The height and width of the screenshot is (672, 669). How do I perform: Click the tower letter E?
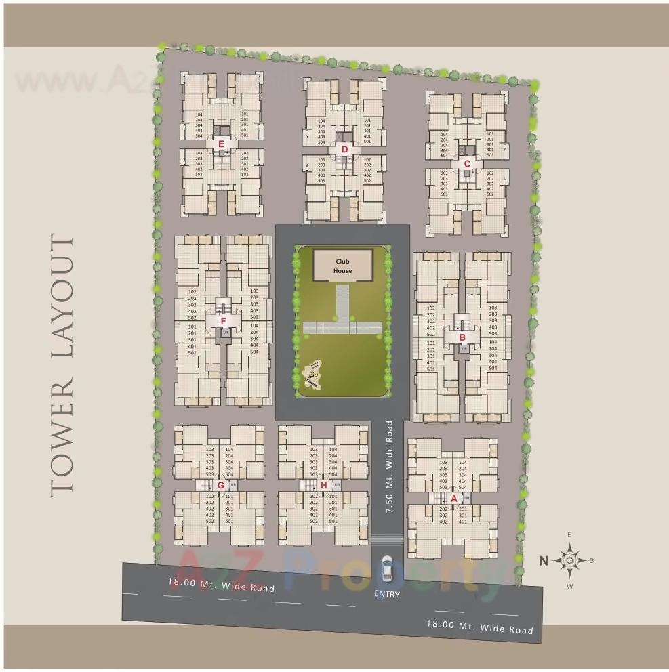coord(221,144)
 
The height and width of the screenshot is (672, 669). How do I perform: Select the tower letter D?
coord(344,149)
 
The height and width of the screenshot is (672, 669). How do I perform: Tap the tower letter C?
coord(466,163)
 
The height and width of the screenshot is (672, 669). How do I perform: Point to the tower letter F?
coord(223,321)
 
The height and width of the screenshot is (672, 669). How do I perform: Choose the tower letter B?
coord(462,337)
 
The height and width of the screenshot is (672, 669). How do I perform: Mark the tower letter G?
coord(220,485)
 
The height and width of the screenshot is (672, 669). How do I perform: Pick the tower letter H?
coord(324,485)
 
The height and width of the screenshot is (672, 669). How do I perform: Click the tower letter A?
coord(454,498)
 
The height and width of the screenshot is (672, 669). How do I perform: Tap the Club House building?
coord(342,266)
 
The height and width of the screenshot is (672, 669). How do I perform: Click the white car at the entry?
coord(387,570)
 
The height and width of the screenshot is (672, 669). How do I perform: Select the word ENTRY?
coord(387,595)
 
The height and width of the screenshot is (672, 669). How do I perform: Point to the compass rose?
coord(570,560)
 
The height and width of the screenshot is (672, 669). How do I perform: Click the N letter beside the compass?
coord(544,560)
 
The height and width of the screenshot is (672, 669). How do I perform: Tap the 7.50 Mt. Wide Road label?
coord(389,467)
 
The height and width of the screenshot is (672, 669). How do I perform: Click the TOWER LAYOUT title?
coord(62,366)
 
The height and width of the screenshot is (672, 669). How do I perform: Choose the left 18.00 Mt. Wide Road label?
coord(222,585)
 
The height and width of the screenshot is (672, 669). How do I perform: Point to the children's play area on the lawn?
coord(312,375)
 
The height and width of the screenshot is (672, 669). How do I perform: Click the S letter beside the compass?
coord(591,560)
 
